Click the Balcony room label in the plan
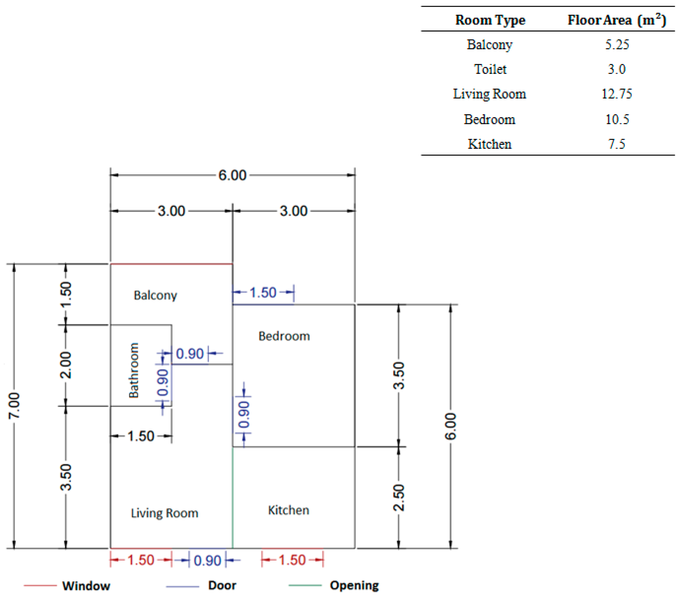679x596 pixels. tap(155, 295)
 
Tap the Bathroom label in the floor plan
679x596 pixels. tap(133, 370)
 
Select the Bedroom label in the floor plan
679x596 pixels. tap(284, 336)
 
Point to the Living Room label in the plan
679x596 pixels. tap(165, 513)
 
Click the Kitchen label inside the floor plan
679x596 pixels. tap(289, 510)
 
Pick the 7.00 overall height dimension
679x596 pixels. tap(14, 405)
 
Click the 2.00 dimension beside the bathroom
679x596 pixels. tap(66, 365)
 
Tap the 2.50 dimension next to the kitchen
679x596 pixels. tap(399, 497)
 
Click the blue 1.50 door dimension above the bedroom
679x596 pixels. tap(263, 292)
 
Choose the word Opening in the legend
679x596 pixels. tap(354, 585)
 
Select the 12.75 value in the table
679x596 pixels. tap(617, 94)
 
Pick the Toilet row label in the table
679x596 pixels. tap(490, 69)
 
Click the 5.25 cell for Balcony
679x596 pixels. tap(617, 44)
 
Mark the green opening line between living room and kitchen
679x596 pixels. tap(232, 497)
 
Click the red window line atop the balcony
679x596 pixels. tap(171, 264)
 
